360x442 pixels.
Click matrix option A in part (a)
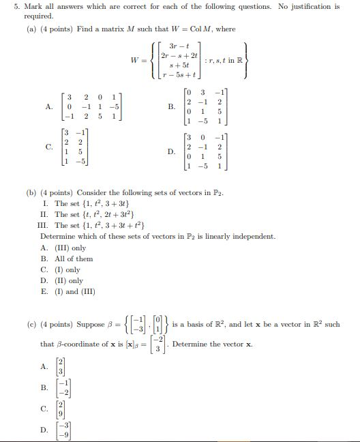point(48,106)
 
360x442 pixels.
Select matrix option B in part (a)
point(171,106)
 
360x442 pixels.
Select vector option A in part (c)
point(44,365)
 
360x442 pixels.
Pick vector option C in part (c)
point(44,410)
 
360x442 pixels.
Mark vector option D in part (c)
point(44,430)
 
